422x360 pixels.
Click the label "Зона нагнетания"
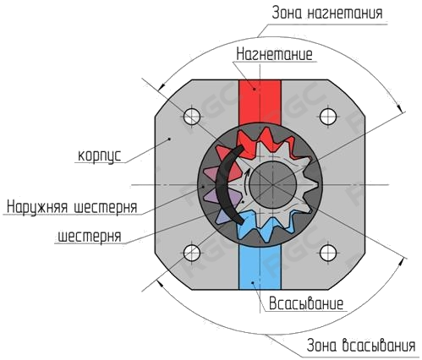(x=327, y=14)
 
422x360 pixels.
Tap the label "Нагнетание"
(x=274, y=54)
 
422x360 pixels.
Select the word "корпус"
(x=100, y=155)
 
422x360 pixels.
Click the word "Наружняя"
(x=37, y=207)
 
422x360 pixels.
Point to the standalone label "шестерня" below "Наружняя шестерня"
(x=90, y=236)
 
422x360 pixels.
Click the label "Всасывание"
(x=306, y=303)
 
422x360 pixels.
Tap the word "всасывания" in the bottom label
(x=379, y=346)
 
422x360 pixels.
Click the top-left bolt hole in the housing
(x=192, y=117)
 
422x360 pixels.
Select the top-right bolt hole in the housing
(x=328, y=117)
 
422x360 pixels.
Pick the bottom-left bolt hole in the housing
(x=192, y=253)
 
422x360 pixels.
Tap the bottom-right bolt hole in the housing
(x=328, y=253)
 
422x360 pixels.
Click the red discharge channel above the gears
(x=260, y=103)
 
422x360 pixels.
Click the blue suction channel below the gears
(x=260, y=267)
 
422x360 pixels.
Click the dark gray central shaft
(x=273, y=185)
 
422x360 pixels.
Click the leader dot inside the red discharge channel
(x=255, y=89)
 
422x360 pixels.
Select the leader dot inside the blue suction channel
(x=253, y=282)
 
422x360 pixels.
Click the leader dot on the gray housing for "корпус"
(x=169, y=139)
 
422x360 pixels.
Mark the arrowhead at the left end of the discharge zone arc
(x=162, y=86)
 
